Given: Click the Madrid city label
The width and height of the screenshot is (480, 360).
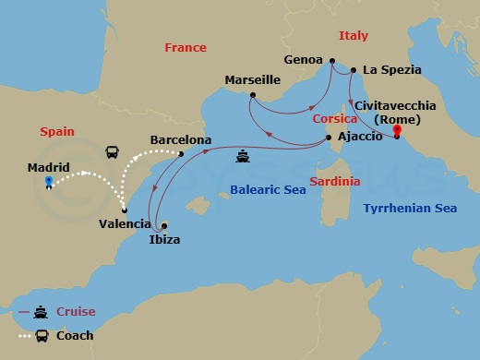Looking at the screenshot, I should click(49, 167).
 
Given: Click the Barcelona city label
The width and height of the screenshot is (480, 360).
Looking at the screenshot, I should click(181, 140).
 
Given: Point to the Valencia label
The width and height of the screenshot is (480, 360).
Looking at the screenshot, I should click(125, 223).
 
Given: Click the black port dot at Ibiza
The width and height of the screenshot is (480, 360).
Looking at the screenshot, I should click(163, 225).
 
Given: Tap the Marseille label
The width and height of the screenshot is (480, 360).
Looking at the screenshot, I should click(253, 80).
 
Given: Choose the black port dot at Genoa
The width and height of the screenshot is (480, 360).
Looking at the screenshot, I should click(332, 61).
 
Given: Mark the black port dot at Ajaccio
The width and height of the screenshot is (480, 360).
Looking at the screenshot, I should click(330, 139).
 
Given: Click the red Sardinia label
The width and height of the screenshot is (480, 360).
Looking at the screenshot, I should click(334, 181).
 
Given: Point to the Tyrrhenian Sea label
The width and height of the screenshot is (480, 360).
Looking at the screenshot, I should click(410, 209).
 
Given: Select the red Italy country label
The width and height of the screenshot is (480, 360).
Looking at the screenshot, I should click(353, 36).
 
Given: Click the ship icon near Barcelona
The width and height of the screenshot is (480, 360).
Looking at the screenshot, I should click(243, 155).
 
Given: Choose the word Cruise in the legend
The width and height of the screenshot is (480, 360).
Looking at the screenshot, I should click(75, 312).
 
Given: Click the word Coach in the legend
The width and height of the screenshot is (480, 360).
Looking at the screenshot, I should click(75, 335).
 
